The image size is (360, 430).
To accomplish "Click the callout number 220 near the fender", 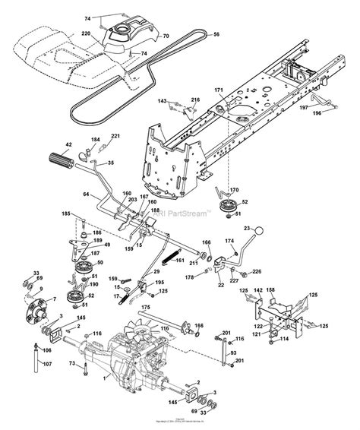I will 106,34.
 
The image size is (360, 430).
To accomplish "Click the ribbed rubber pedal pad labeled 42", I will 58,162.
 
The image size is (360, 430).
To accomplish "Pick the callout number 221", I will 116,136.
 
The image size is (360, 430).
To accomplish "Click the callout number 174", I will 229,241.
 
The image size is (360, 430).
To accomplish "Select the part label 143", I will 162,100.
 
